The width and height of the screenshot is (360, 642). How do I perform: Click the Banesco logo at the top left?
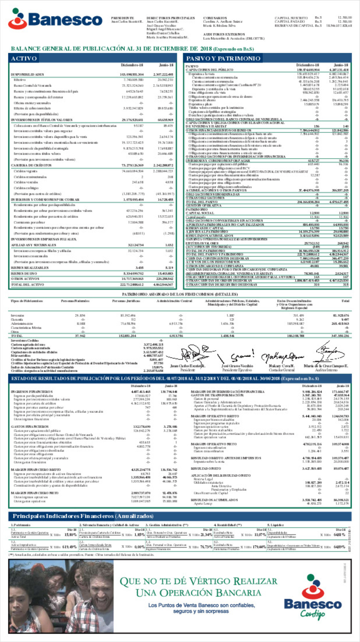click(x=55, y=19)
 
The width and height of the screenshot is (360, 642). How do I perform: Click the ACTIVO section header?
click(x=24, y=59)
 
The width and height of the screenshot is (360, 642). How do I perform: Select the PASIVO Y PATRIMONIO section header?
click(x=223, y=59)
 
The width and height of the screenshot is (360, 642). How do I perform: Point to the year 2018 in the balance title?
click(x=206, y=49)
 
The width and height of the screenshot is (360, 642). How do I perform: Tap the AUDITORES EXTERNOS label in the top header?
click(x=224, y=34)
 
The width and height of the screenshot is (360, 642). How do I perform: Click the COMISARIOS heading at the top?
click(x=215, y=18)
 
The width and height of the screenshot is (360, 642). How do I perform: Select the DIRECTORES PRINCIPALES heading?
click(x=170, y=18)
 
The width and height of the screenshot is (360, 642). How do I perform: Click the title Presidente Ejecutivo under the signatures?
click(x=237, y=370)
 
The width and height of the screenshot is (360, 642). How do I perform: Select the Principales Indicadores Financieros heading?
click(x=83, y=516)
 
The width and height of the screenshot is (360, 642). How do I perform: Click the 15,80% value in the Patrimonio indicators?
click(x=70, y=535)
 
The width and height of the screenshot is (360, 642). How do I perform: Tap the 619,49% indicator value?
click(x=70, y=547)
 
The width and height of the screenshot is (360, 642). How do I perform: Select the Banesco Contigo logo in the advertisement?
click(x=312, y=597)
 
